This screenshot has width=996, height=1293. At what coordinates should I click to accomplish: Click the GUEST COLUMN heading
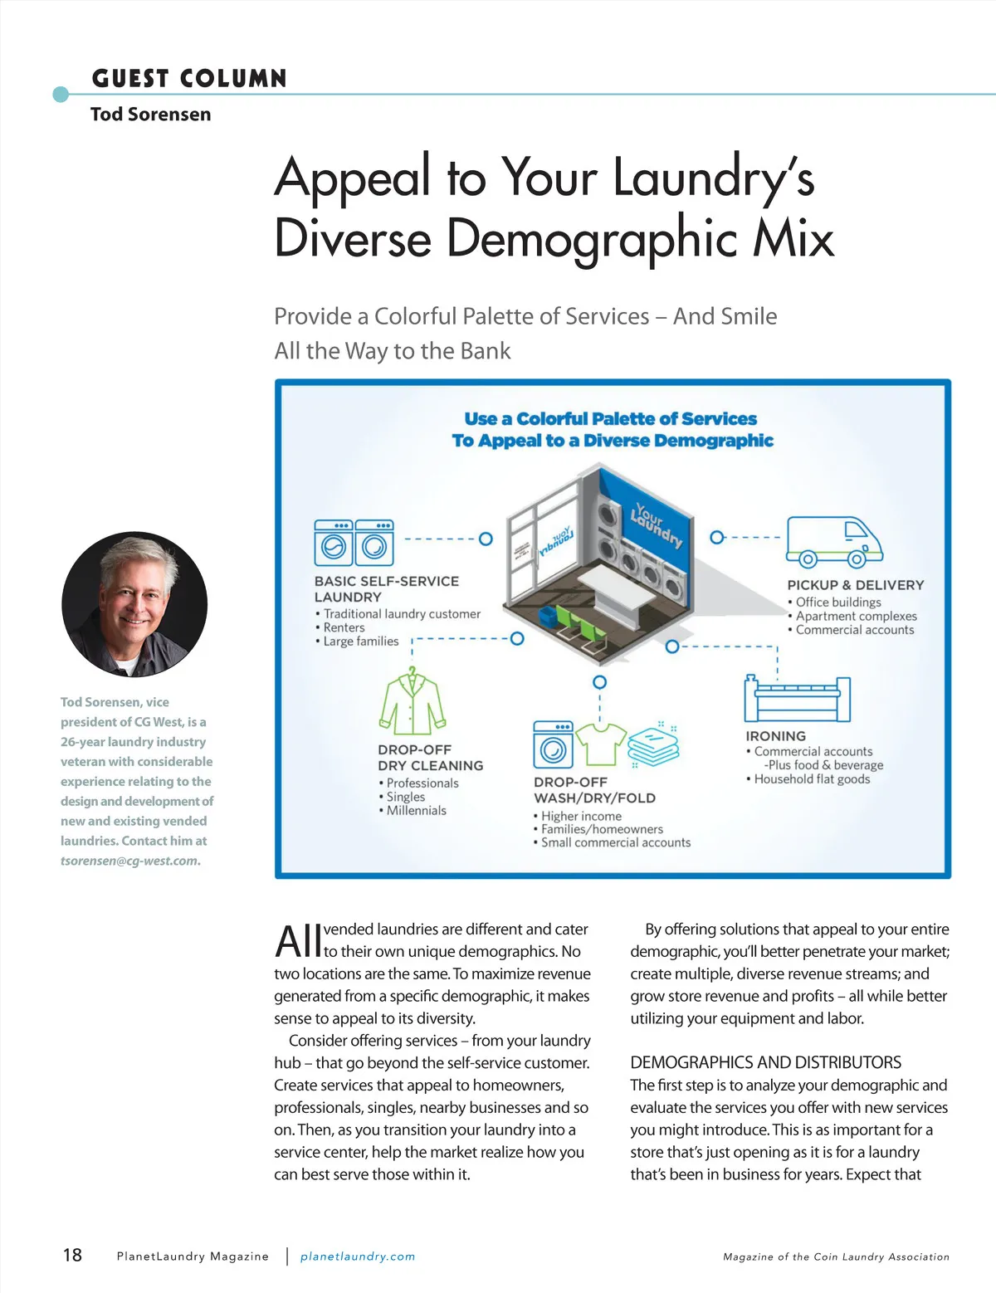189,79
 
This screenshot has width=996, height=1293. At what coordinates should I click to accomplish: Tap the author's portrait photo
134,604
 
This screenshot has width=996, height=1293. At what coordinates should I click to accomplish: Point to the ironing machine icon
797,699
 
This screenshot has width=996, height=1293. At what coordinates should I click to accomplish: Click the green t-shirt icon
601,744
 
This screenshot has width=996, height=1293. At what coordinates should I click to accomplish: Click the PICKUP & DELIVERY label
855,585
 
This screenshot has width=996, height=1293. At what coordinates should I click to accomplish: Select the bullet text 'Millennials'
416,811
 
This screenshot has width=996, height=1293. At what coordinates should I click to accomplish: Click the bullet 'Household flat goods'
812,779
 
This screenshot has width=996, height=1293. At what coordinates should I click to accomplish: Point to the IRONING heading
775,736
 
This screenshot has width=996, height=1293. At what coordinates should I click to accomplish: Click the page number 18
72,1255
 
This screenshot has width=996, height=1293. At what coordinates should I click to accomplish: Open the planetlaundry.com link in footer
358,1256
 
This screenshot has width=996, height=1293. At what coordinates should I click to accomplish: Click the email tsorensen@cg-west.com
129,861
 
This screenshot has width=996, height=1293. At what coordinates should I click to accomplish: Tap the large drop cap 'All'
298,942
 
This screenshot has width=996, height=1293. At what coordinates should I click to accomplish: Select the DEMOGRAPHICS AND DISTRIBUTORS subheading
765,1062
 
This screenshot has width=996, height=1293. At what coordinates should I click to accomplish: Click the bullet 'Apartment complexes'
856,616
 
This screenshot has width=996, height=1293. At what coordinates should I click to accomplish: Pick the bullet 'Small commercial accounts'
615,842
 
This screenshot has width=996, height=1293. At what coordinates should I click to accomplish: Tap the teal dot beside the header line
61,94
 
